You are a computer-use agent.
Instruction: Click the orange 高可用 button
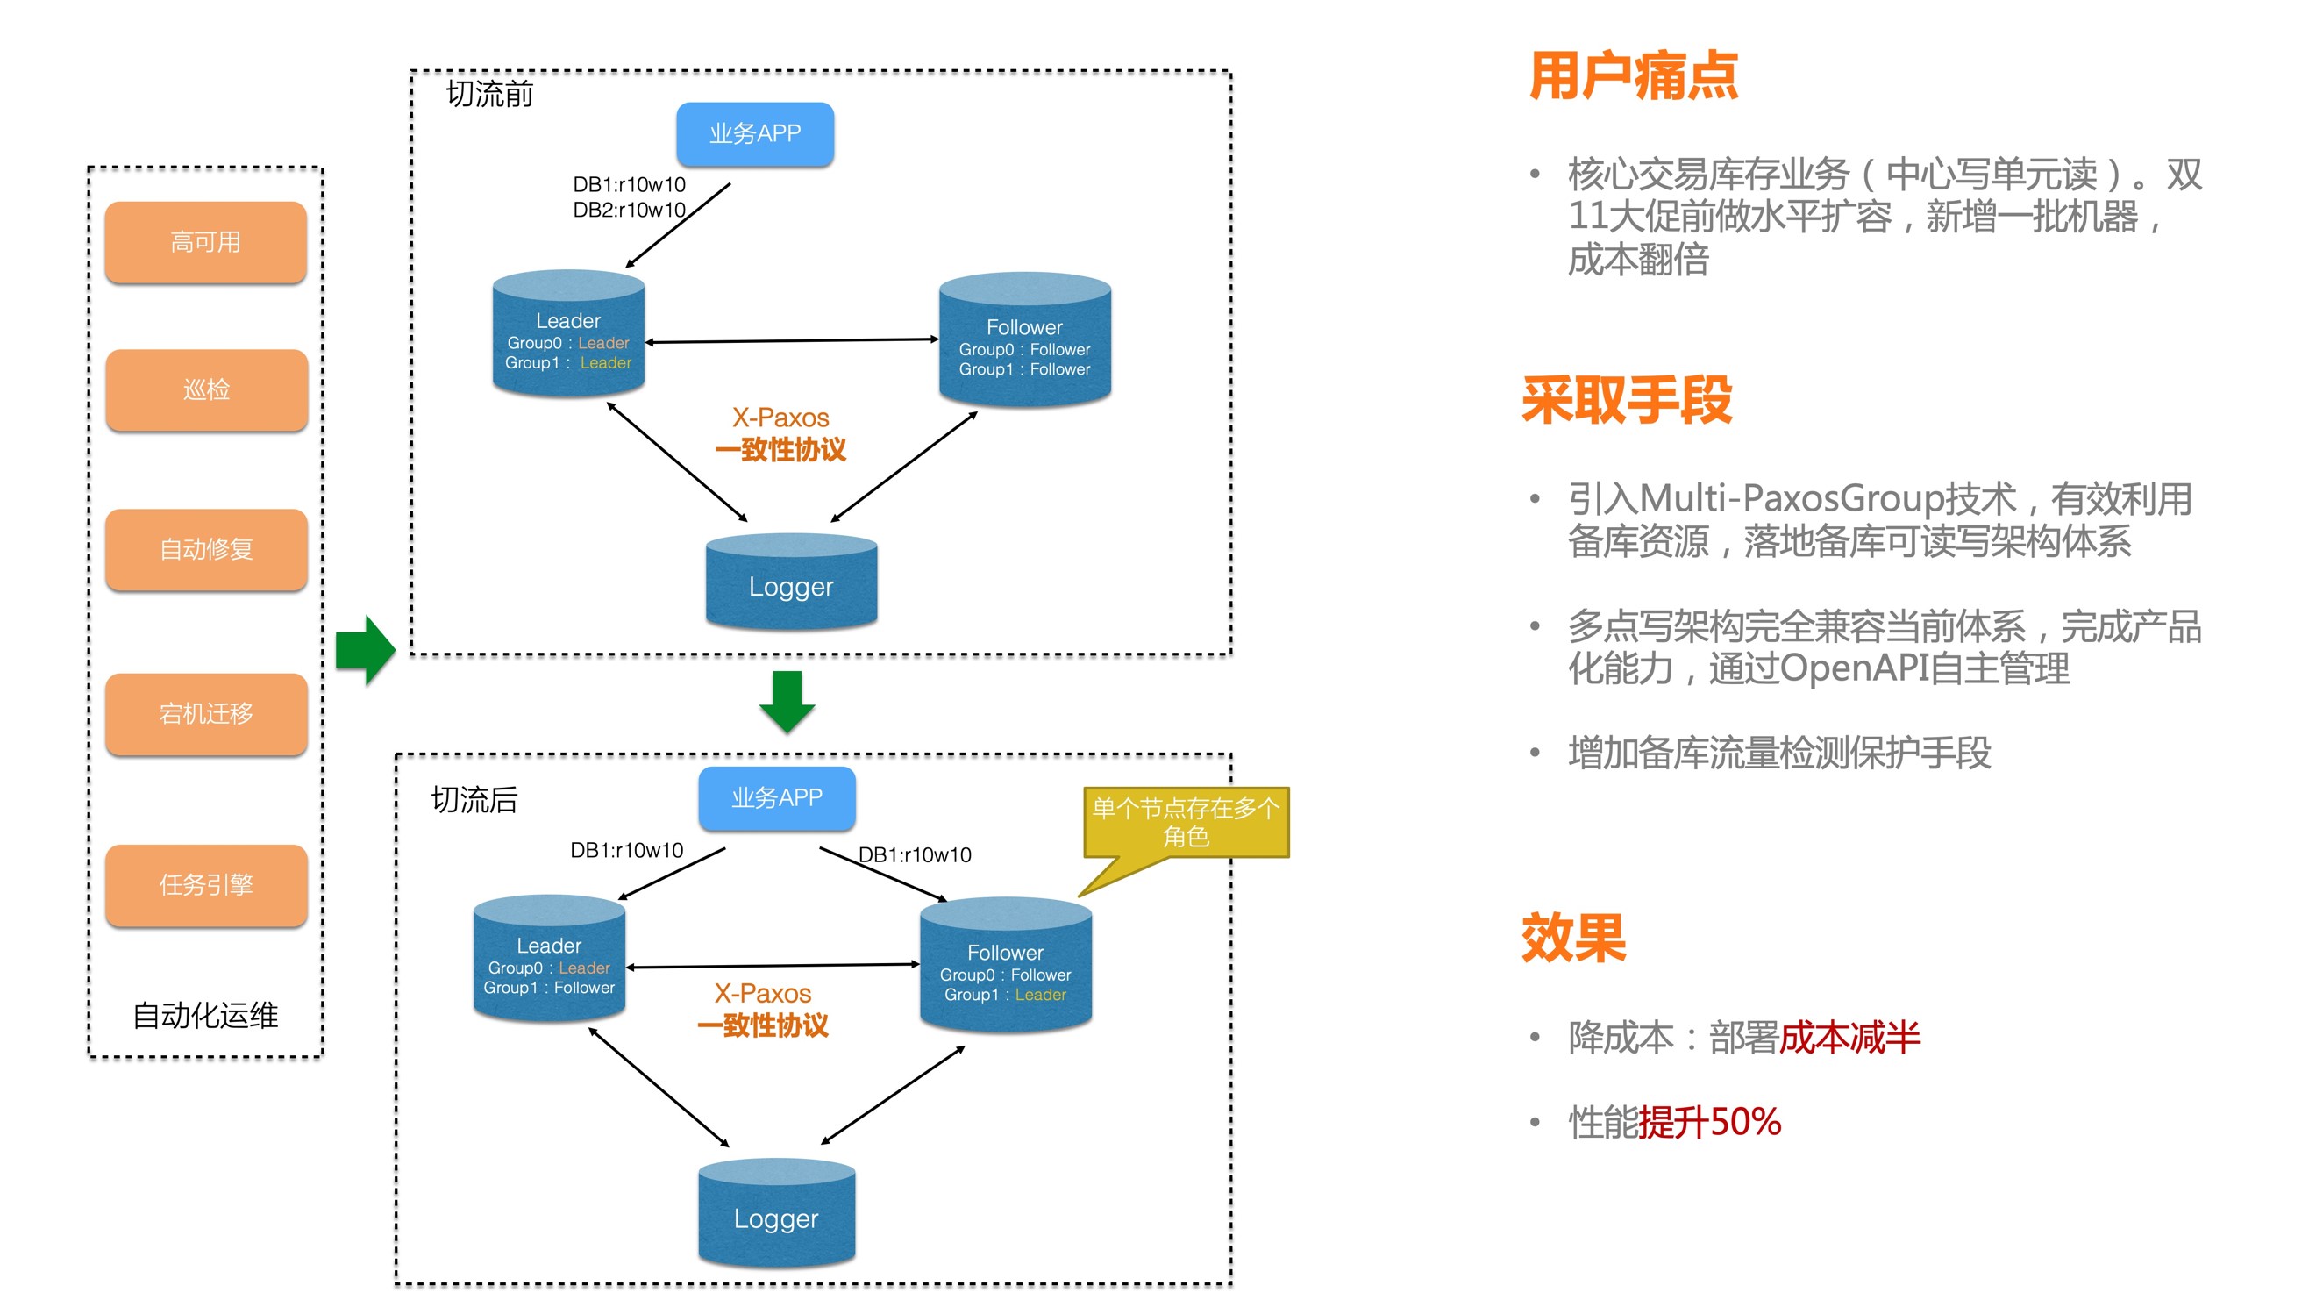(x=206, y=243)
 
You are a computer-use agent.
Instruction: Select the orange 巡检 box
(x=206, y=390)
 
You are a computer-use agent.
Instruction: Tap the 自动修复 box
(x=206, y=549)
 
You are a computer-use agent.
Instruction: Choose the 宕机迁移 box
(x=206, y=714)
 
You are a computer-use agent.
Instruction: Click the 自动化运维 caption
(x=205, y=1016)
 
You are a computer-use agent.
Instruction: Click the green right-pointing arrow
(x=366, y=650)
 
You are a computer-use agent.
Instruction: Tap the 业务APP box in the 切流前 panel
(x=754, y=134)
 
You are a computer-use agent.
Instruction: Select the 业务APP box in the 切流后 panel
(x=777, y=798)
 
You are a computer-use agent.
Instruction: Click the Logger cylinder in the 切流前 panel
(x=791, y=582)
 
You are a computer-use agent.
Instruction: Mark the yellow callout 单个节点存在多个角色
(x=1186, y=823)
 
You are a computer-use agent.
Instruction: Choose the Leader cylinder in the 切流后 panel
(x=549, y=961)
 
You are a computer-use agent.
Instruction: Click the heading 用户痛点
(x=1633, y=75)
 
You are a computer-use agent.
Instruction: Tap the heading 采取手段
(x=1627, y=400)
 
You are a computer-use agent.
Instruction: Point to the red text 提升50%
(x=1709, y=1122)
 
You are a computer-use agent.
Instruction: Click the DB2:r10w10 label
(x=630, y=211)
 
